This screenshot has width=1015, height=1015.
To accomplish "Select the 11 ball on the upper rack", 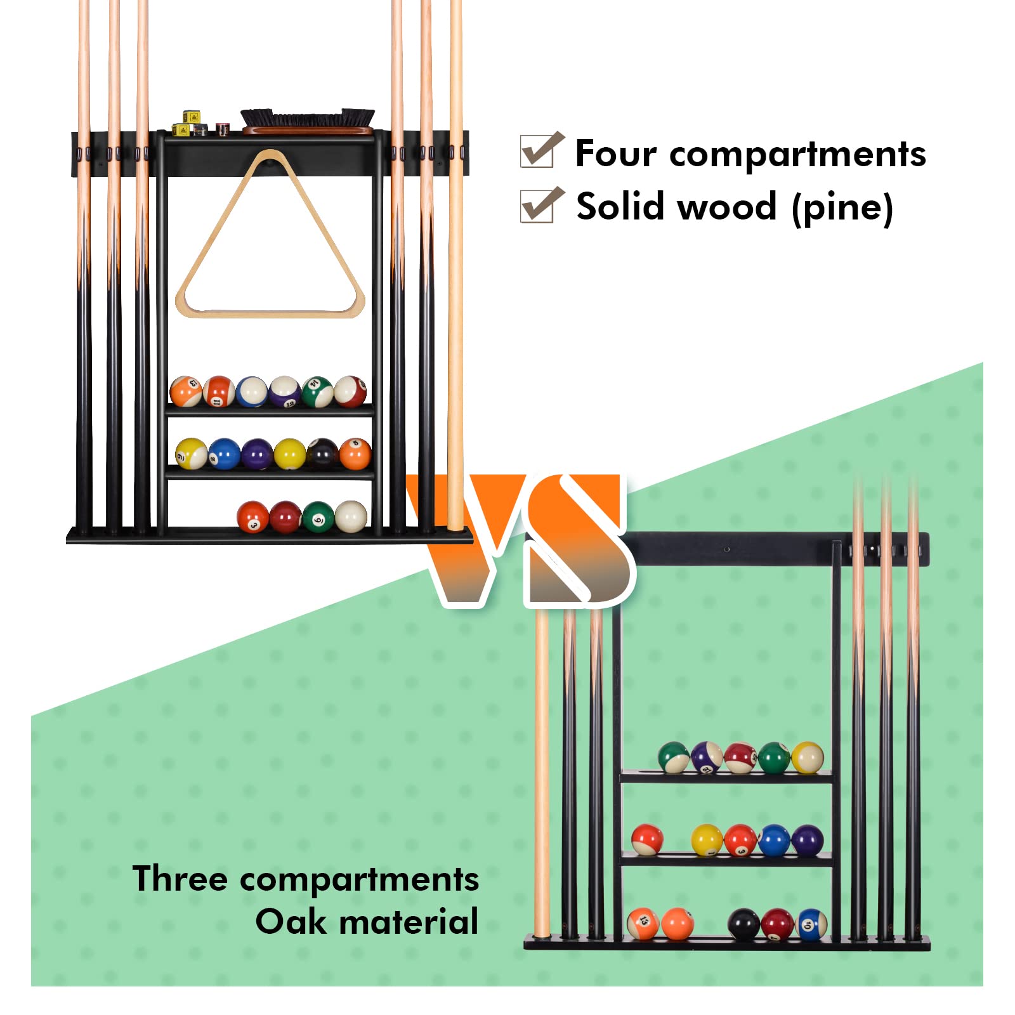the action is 219,391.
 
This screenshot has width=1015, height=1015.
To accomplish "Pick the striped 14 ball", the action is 317,391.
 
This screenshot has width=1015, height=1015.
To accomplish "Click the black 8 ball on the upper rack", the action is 322,454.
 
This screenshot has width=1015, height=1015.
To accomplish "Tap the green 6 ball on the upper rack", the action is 318,516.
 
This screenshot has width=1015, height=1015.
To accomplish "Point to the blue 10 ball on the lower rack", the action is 811,924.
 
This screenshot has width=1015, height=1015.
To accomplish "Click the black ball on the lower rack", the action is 743,924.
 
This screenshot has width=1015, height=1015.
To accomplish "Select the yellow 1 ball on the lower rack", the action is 707,840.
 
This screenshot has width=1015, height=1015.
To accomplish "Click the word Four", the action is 615,154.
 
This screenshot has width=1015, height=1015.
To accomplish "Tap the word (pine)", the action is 842,207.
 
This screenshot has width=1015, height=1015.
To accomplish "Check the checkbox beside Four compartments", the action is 541,150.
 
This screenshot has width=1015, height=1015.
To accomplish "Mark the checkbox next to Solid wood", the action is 541,205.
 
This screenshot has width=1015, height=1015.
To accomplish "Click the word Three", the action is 180,879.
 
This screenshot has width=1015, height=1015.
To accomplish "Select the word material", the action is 409,921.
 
